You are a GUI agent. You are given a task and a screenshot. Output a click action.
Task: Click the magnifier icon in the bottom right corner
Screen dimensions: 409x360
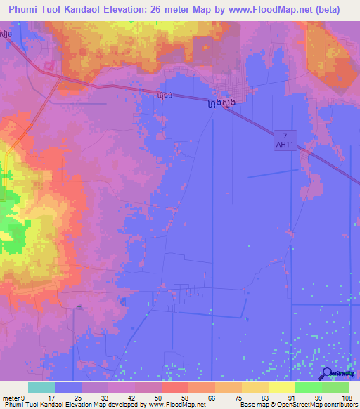328,374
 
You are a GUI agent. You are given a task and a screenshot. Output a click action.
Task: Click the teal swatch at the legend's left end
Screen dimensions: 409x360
41,387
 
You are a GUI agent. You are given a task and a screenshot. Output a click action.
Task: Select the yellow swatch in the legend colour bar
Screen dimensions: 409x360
281,387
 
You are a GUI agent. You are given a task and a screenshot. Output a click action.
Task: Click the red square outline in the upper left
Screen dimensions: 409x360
49,65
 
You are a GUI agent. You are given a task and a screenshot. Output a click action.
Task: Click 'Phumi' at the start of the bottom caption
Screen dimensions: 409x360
12,405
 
